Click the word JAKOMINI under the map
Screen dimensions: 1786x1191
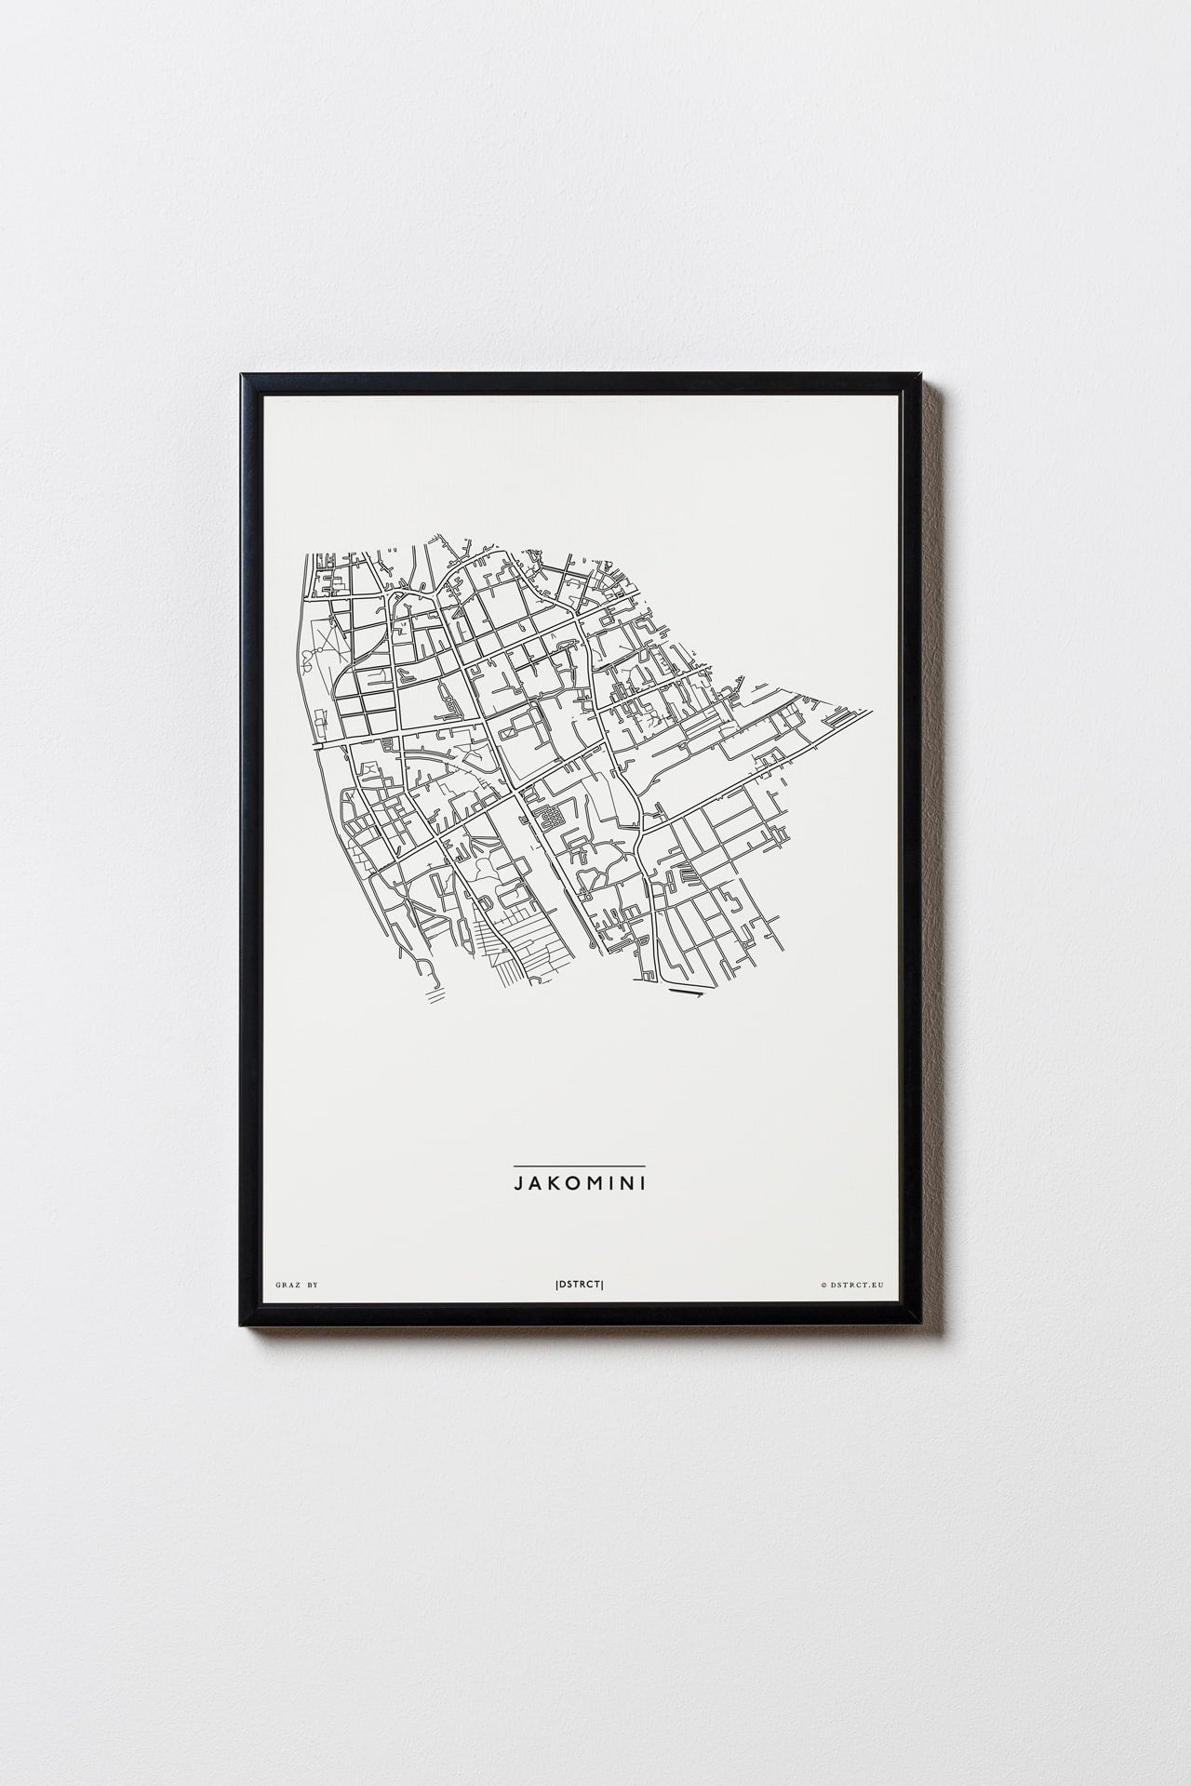579,1184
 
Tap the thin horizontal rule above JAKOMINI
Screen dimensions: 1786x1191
579,1166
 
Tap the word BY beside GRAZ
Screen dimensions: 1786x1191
313,1285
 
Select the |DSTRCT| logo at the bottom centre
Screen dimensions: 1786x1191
579,1285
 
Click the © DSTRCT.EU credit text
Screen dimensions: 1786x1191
853,1285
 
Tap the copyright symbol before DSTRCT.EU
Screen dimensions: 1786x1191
823,1285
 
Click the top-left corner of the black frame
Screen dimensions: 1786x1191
243,375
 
